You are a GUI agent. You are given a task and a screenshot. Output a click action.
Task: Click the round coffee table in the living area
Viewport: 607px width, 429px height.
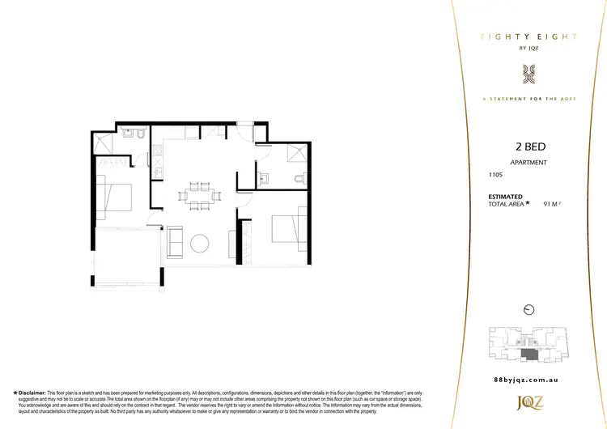tap(199, 242)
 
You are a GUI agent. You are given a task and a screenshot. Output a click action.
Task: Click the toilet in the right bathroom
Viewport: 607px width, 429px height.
tap(301, 179)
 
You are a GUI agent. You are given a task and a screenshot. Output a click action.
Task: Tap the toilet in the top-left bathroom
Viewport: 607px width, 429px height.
tap(141, 134)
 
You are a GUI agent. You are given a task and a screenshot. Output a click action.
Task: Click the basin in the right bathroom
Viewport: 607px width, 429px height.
tap(263, 179)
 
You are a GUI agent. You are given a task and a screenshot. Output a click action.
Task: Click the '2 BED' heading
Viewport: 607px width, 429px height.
tap(529, 148)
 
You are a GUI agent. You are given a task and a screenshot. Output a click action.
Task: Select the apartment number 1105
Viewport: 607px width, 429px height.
tap(495, 175)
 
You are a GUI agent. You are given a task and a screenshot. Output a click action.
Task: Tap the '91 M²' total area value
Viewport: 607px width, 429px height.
tap(552, 205)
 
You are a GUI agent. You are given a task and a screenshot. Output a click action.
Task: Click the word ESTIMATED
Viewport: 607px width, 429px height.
tap(505, 197)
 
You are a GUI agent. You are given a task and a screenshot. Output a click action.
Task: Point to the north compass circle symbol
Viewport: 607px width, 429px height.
tap(528, 308)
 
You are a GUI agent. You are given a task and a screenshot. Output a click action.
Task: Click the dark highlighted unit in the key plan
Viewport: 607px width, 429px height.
tap(528, 355)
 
